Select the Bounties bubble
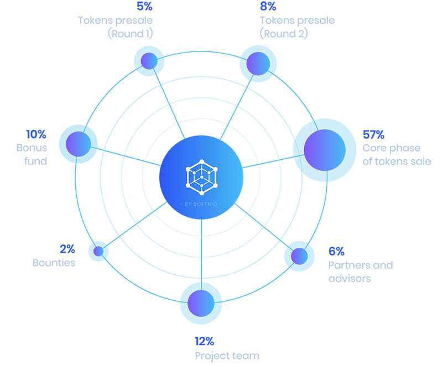pos(99,251)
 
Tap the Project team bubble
pos(201,303)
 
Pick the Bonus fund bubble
pos(78,144)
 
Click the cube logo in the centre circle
pos(201,175)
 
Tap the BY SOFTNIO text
pos(201,204)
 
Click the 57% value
pos(373,135)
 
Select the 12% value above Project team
pos(204,341)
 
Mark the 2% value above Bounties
pos(67,249)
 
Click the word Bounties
pos(54,263)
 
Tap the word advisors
pos(350,278)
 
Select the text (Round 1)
pos(130,34)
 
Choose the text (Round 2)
pos(284,34)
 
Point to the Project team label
pos(227,355)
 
